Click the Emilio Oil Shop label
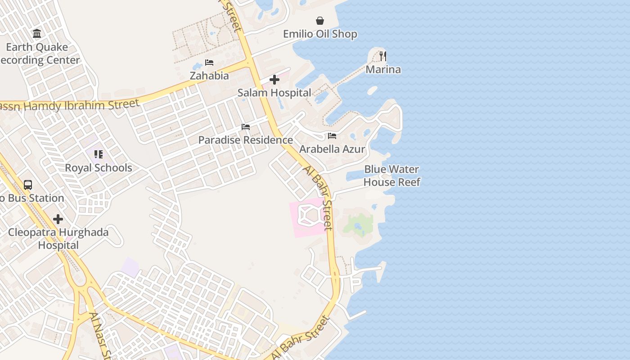(320, 34)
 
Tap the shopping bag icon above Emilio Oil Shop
(320, 21)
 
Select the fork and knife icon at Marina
(383, 56)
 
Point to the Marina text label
(383, 69)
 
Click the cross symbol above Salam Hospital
(274, 80)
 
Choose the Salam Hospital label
(274, 93)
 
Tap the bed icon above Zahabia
(209, 63)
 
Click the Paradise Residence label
(246, 140)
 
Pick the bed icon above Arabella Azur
(332, 136)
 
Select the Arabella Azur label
(332, 149)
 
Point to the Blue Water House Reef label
(391, 175)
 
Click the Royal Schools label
(99, 168)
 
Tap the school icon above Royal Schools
(99, 155)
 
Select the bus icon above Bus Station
(28, 184)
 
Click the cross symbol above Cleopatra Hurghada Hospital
(58, 219)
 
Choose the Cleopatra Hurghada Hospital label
(58, 238)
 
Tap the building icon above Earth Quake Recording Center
(37, 34)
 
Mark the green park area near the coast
(359, 224)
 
